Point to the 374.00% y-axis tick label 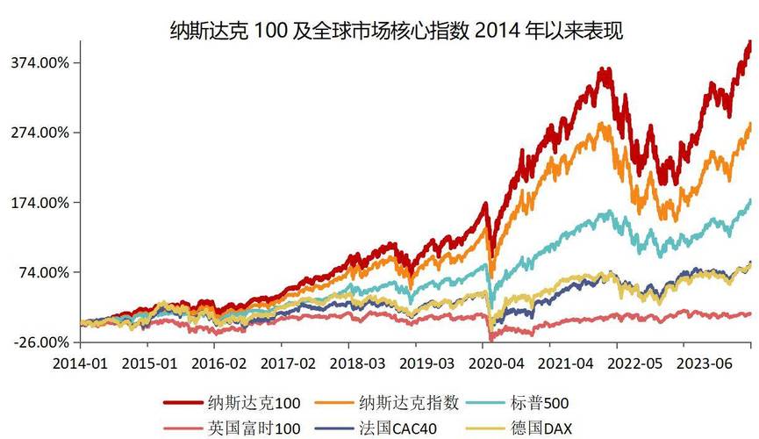click(x=40, y=62)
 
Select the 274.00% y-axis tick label click(x=40, y=133)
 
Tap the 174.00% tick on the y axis click(x=40, y=203)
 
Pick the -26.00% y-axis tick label click(x=40, y=342)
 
